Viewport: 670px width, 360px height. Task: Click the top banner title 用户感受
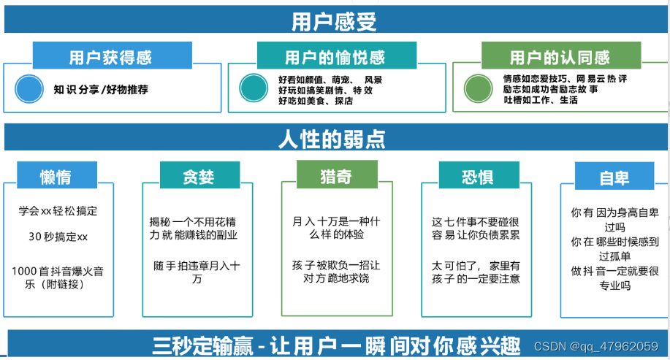point(334,22)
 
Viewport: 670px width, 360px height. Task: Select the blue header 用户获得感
point(112,57)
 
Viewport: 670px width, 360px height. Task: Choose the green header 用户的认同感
point(560,57)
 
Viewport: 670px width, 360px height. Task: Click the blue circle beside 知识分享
point(30,89)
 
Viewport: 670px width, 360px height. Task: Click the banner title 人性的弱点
point(332,139)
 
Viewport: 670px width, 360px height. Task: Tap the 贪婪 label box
point(199,177)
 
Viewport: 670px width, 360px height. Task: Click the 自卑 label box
point(614,178)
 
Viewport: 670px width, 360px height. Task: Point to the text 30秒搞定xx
point(58,237)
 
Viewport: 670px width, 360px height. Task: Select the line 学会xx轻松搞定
point(58,211)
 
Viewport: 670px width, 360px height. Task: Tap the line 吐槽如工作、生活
point(540,100)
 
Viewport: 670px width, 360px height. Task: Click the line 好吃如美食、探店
point(316,101)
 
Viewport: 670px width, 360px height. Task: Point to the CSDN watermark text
point(595,345)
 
